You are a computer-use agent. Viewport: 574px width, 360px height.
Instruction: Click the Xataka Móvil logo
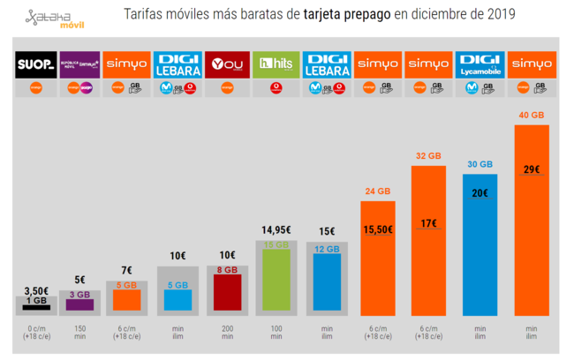(54, 18)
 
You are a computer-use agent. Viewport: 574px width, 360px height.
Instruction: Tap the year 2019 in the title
(499, 15)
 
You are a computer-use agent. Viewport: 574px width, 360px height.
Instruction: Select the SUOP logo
(36, 65)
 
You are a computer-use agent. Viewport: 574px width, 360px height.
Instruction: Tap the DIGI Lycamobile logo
(481, 65)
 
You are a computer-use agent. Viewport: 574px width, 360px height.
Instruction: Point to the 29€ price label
(532, 169)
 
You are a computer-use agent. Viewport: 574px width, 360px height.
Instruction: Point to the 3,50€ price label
(36, 289)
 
